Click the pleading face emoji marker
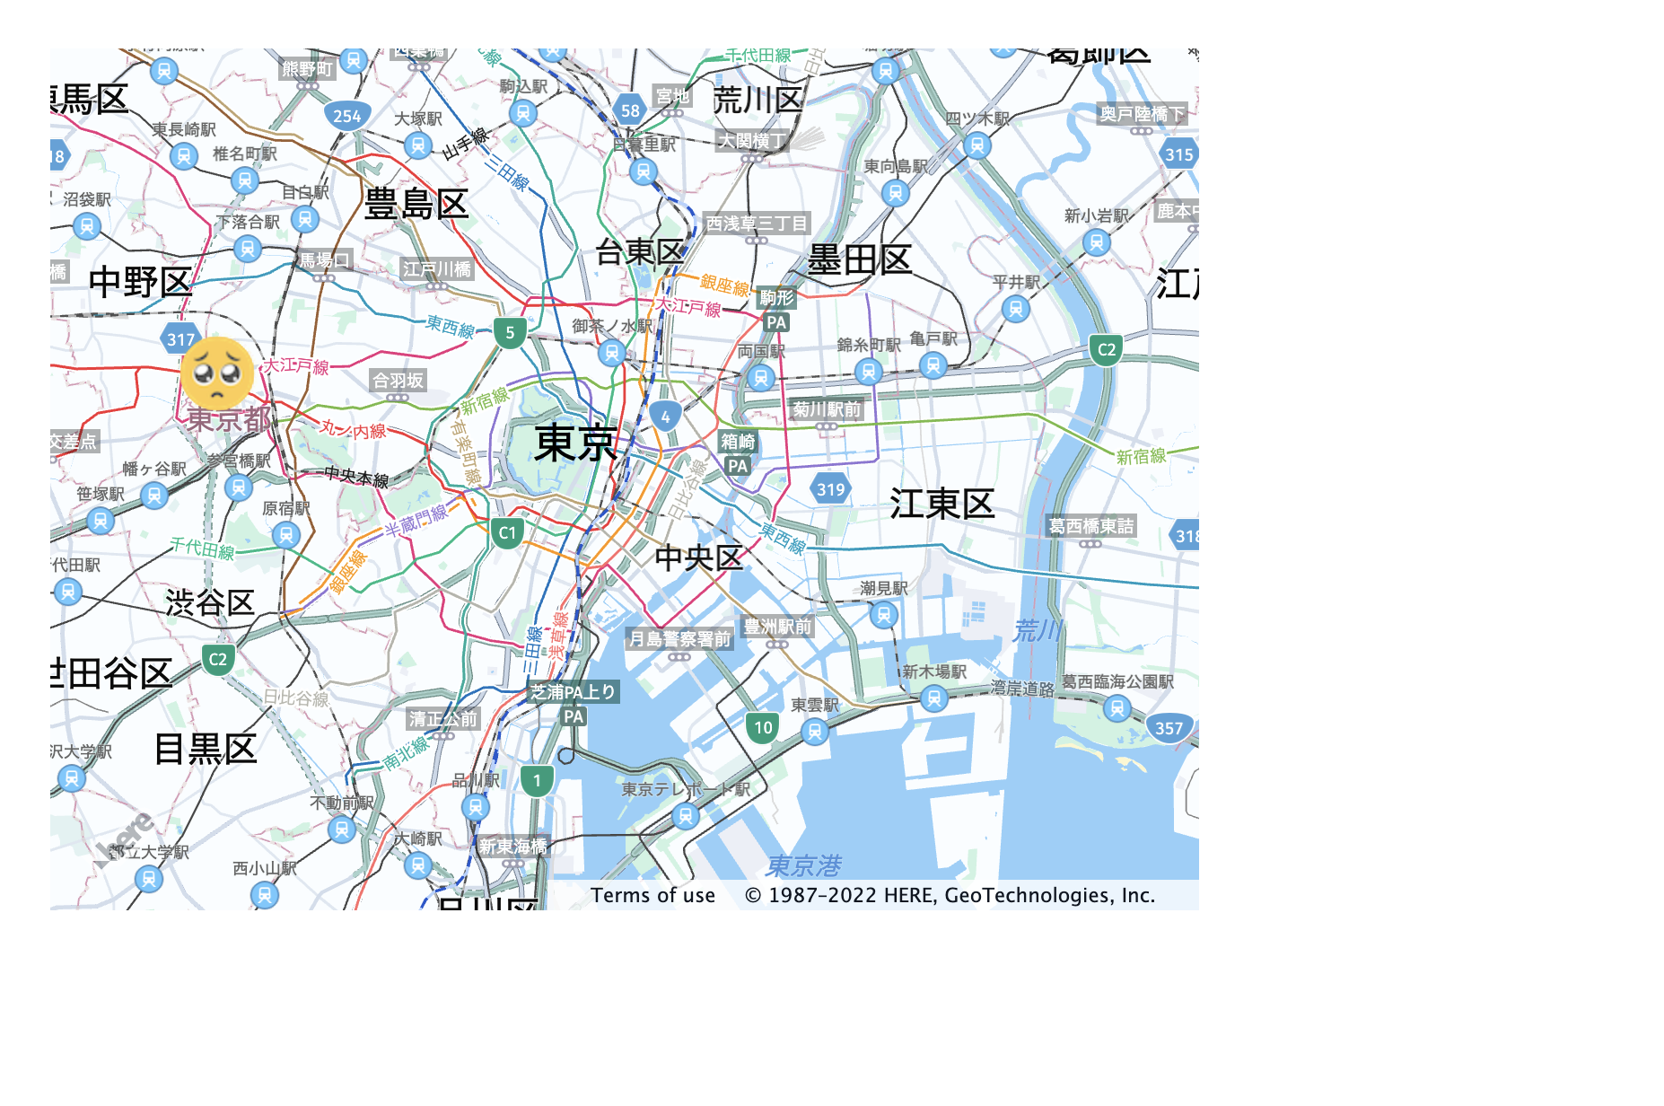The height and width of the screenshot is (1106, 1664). (217, 373)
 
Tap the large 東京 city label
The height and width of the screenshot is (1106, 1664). (575, 443)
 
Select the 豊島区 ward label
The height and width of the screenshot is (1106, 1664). (416, 205)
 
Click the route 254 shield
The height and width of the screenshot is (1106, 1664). (346, 115)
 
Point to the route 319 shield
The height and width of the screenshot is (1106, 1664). (830, 489)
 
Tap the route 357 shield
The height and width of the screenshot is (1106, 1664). (1169, 728)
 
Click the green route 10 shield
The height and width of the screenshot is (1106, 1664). (763, 727)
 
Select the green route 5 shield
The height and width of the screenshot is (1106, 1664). (510, 333)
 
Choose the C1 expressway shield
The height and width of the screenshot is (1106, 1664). (507, 533)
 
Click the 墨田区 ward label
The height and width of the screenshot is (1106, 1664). (859, 260)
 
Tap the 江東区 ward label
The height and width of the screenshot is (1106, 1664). (941, 504)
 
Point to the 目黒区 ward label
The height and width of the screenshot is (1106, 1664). (206, 749)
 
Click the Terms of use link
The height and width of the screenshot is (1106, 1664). (652, 895)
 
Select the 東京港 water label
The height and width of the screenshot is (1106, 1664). (803, 865)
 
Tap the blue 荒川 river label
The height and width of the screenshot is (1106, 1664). (1038, 630)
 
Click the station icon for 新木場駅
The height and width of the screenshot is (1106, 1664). (933, 698)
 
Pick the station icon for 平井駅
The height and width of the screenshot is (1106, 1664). (1015, 309)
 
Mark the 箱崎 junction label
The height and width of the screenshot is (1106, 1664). (738, 441)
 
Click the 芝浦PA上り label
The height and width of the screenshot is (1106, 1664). (573, 691)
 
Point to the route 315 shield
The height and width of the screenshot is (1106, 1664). (1178, 154)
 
